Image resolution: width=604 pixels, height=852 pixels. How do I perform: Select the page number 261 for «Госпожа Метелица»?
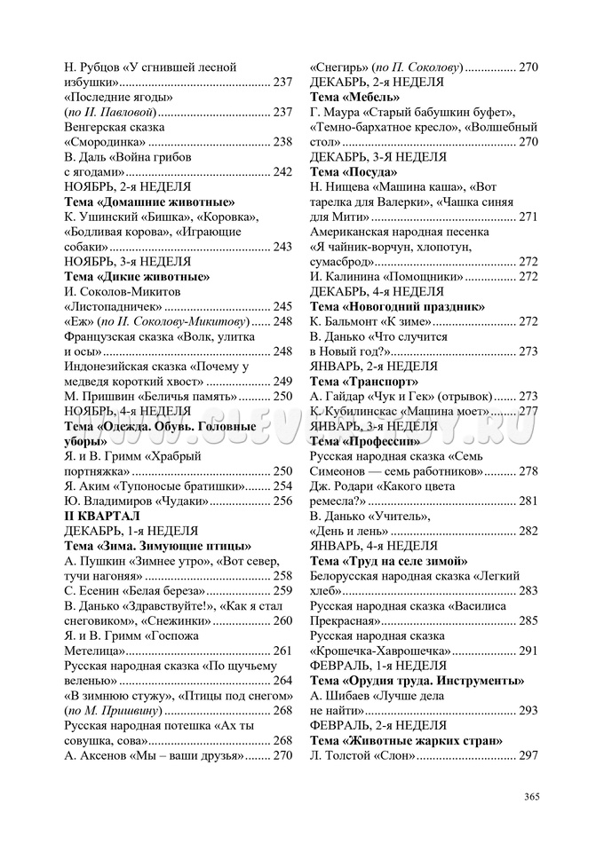coord(282,651)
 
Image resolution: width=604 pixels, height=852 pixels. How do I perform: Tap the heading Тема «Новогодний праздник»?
coord(397,306)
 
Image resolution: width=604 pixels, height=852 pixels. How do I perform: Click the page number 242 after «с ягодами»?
coord(282,172)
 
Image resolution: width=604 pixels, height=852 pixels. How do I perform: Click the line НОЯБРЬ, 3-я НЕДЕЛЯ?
coord(128,262)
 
